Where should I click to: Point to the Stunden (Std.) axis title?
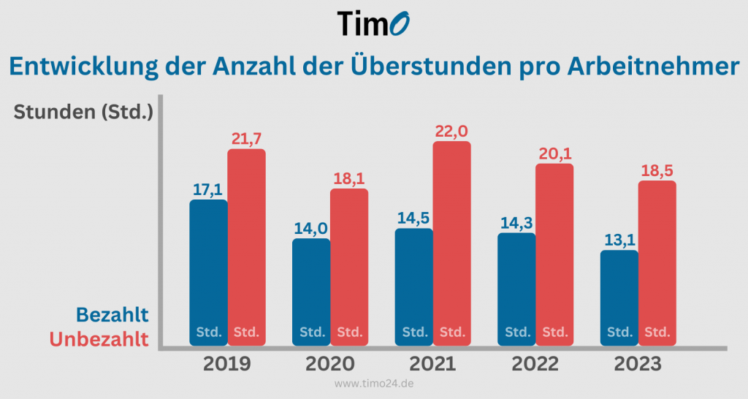tap(83, 112)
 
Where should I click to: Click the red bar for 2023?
tap(657, 263)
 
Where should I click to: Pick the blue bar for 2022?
tap(516, 289)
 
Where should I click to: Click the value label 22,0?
tap(451, 132)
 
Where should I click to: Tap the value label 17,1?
tap(208, 189)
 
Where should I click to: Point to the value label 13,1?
tap(619, 240)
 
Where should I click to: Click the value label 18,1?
tap(349, 178)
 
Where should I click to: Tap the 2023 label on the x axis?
tap(637, 364)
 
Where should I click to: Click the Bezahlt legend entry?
tap(112, 315)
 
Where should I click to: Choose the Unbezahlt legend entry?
tap(99, 339)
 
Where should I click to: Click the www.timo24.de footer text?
tap(374, 384)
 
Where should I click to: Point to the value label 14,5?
tap(414, 218)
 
